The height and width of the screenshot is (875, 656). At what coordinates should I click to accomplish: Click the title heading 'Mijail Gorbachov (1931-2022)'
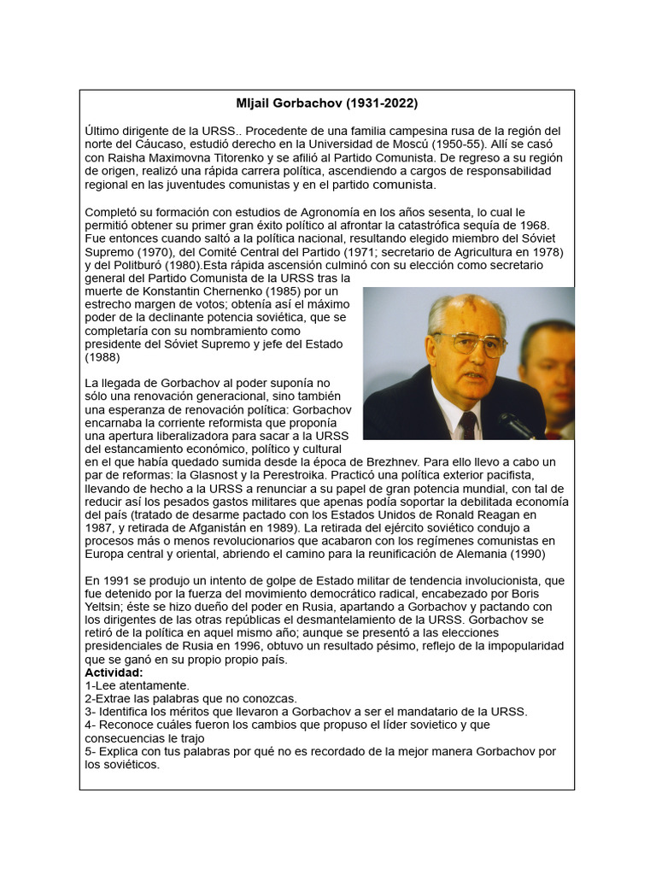(x=327, y=103)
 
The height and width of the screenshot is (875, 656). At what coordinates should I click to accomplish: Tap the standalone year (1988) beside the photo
(x=102, y=357)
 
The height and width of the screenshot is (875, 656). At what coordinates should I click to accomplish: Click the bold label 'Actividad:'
(x=114, y=673)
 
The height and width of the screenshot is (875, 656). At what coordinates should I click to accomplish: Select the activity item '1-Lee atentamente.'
(x=138, y=686)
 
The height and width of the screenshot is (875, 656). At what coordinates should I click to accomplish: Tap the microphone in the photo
(x=516, y=422)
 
